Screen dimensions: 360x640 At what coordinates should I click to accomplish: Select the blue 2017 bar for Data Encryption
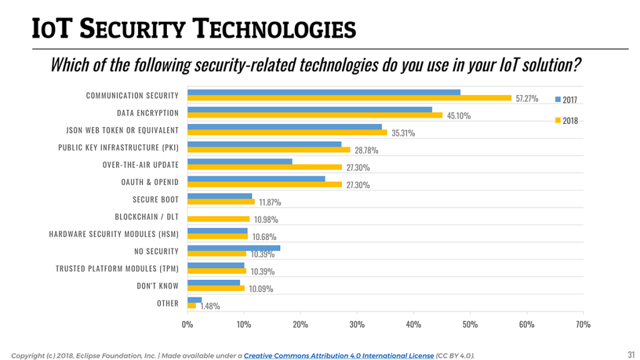pos(309,109)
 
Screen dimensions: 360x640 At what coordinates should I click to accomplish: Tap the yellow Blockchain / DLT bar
pos(218,219)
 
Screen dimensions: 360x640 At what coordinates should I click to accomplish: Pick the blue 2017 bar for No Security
pos(233,248)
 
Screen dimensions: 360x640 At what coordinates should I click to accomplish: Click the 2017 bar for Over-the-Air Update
pos(239,161)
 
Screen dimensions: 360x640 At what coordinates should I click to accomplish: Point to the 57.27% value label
pos(527,99)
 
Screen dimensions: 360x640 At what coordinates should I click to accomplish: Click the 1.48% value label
pos(210,306)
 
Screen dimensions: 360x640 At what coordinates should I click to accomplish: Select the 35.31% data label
pos(403,133)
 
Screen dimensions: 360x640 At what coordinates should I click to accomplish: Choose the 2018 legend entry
pos(566,121)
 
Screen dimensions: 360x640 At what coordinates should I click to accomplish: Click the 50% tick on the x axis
pos(470,324)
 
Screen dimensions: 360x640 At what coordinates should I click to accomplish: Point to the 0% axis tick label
pos(187,324)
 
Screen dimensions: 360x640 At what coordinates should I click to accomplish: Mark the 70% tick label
pos(582,324)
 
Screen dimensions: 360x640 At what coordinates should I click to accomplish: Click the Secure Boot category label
pos(155,199)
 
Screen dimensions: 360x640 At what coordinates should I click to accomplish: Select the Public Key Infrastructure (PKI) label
pos(118,147)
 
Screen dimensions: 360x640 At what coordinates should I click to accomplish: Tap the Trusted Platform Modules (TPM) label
pos(117,269)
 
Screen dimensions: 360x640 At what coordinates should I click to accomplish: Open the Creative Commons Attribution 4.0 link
pos(338,356)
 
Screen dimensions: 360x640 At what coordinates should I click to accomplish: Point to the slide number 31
pos(631,354)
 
